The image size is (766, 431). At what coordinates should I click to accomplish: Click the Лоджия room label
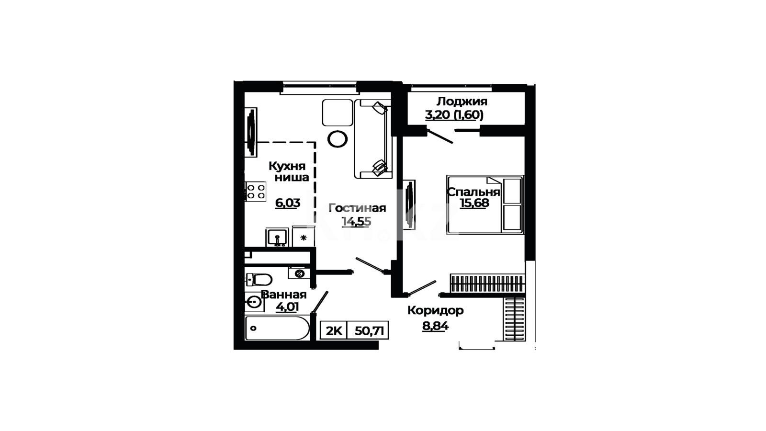[462, 102]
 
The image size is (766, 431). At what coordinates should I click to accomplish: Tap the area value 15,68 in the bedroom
[474, 203]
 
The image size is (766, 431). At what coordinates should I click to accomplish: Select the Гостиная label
[357, 208]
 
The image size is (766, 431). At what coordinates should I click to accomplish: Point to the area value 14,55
[357, 222]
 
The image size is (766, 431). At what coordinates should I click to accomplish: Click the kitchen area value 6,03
[288, 203]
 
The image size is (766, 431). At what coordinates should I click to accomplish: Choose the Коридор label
[436, 311]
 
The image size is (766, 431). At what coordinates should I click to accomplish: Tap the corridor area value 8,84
[435, 326]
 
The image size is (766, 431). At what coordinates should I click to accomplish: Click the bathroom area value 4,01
[287, 307]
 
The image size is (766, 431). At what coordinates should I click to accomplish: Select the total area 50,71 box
[368, 330]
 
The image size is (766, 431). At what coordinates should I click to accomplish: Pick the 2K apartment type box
[334, 330]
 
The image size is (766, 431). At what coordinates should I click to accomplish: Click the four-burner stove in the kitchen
[256, 192]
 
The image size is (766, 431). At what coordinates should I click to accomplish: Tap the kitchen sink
[277, 238]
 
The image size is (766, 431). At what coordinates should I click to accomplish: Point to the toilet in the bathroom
[259, 280]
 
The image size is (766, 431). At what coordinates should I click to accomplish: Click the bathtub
[277, 328]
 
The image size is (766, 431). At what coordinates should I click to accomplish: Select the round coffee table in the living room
[338, 139]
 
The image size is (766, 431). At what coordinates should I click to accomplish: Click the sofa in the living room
[373, 139]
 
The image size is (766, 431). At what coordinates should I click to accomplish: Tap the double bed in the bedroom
[485, 204]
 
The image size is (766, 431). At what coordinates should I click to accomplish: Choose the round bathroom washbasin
[254, 302]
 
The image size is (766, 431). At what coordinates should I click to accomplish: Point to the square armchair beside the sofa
[338, 113]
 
